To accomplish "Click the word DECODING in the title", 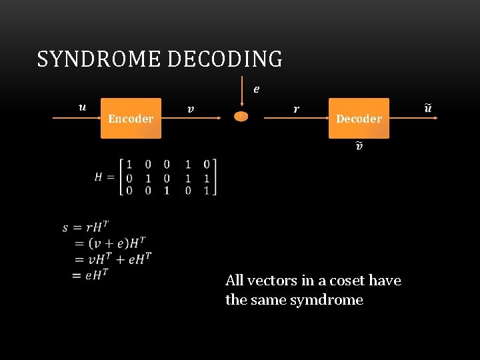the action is click(225, 59).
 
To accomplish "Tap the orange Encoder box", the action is click(131, 118).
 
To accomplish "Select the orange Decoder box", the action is click(359, 118).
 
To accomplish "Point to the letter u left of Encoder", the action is click(82, 107).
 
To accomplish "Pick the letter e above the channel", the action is click(257, 88).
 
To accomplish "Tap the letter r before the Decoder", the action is click(296, 108).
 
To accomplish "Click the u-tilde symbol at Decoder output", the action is click(428, 107).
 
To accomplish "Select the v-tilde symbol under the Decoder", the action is click(359, 146).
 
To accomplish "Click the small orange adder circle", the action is click(241, 116).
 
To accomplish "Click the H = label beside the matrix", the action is click(105, 177).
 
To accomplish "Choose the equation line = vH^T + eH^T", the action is click(113, 259).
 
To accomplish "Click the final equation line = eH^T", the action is click(91, 273).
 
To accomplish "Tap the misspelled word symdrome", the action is click(327, 300).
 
